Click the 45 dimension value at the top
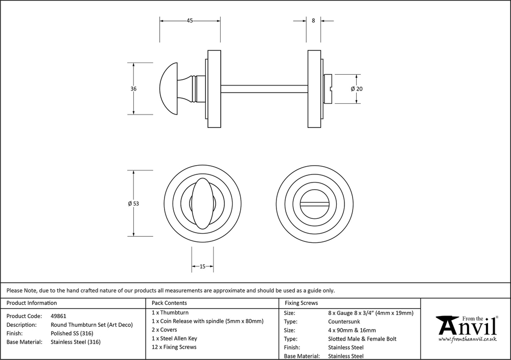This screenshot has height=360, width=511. pos(190,21)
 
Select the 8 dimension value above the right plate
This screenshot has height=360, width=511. pos(313,21)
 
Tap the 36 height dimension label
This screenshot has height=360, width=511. pos(133,88)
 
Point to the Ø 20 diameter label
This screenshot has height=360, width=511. pos(357,88)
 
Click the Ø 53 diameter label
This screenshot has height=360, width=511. pos(133,204)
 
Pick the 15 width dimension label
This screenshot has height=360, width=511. pos(202,266)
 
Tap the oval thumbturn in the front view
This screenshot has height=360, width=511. pos(202,204)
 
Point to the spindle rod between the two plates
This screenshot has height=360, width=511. pos(265,88)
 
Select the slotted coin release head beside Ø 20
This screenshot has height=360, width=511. pos(329,88)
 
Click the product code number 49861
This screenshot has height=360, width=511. pos(59,316)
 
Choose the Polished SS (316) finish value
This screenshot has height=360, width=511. pos(72,333)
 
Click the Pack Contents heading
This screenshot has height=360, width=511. pos(169,303)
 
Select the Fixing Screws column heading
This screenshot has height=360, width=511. pos(301,303)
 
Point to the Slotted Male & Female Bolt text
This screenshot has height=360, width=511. pos(362,339)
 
